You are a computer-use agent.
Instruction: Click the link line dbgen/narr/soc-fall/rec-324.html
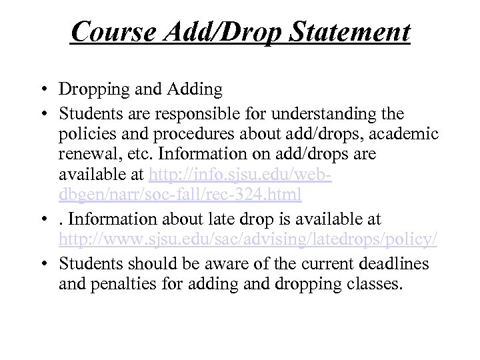click(181, 196)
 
